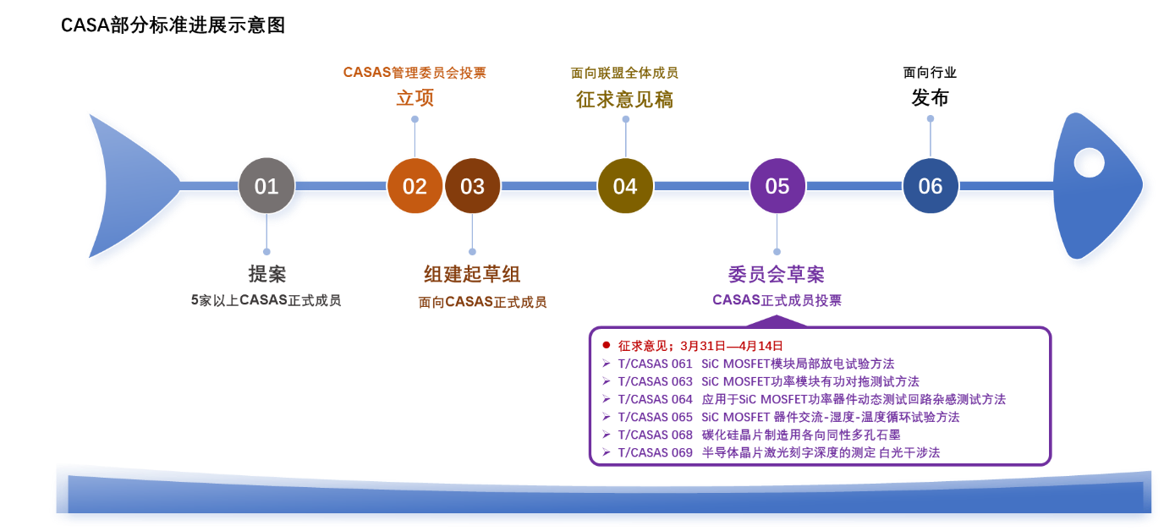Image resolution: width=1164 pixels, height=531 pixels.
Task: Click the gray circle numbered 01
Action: (x=266, y=186)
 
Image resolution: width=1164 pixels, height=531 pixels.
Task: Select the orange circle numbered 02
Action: (x=415, y=186)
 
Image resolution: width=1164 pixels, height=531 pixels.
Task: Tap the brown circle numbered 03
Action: (x=472, y=186)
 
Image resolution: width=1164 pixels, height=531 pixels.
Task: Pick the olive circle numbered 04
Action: (x=625, y=186)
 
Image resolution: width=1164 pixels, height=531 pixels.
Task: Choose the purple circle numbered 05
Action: (x=777, y=186)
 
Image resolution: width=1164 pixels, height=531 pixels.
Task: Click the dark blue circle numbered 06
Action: (x=931, y=186)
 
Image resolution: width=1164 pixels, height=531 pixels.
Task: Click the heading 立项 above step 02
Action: (x=415, y=99)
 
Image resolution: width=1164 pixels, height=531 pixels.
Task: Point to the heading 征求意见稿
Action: (x=624, y=99)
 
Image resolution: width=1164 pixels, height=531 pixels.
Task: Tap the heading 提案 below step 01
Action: (x=266, y=274)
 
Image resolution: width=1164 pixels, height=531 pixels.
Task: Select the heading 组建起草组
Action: (x=471, y=274)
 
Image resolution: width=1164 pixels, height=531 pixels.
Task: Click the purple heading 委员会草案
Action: (x=776, y=274)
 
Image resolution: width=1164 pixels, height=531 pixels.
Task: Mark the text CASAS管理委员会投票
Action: (x=415, y=73)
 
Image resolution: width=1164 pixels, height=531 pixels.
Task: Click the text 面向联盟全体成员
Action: (x=624, y=73)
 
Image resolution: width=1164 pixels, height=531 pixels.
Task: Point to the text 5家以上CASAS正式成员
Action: (x=266, y=300)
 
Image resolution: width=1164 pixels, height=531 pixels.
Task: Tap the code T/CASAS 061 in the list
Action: (x=655, y=364)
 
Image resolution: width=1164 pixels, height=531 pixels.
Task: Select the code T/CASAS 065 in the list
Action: (x=655, y=417)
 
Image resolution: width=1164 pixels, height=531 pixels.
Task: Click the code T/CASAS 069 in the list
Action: (x=655, y=452)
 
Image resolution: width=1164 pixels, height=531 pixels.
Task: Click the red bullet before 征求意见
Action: (x=606, y=345)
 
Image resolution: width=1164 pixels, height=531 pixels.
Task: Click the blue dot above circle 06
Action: (x=931, y=118)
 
